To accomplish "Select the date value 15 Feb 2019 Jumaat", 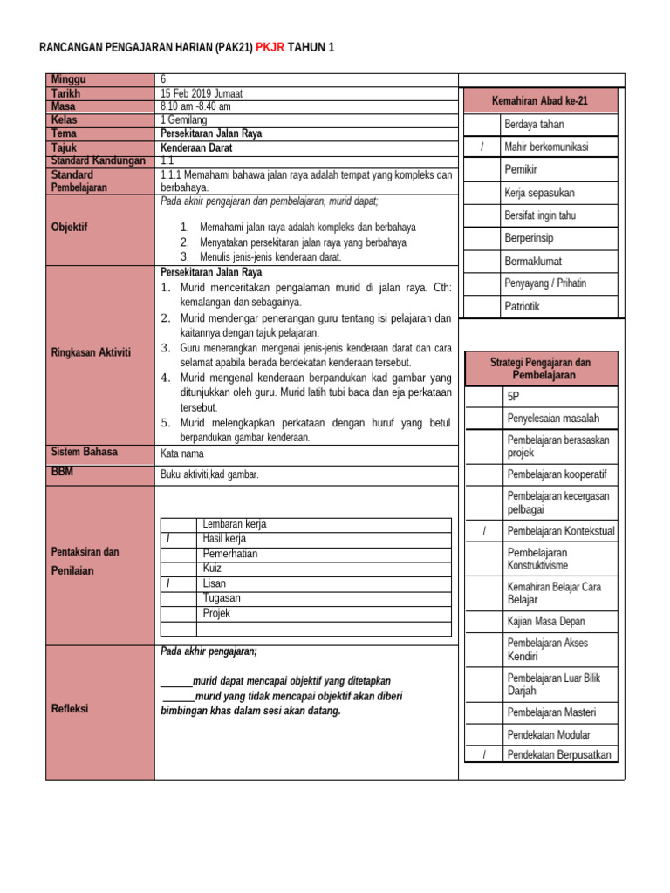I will pyautogui.click(x=202, y=92).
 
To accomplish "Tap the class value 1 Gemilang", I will pyautogui.click(x=187, y=119).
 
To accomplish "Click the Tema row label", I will pyautogui.click(x=65, y=133).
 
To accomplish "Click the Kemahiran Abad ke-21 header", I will pyautogui.click(x=541, y=101).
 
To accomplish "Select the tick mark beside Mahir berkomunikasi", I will pyautogui.click(x=482, y=147).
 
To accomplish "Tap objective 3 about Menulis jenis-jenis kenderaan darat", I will pyautogui.click(x=270, y=256).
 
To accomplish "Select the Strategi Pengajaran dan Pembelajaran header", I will pyautogui.click(x=540, y=368).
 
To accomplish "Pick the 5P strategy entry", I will pyautogui.click(x=514, y=396).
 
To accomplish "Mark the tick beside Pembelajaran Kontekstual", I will pyautogui.click(x=482, y=530).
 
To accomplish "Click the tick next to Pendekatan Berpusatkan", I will pyautogui.click(x=482, y=754).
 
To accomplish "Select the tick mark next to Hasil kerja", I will pyautogui.click(x=168, y=539).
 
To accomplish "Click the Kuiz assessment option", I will pyautogui.click(x=212, y=568).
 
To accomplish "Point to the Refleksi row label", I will pyautogui.click(x=70, y=709).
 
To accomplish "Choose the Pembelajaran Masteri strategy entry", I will pyautogui.click(x=551, y=712).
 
